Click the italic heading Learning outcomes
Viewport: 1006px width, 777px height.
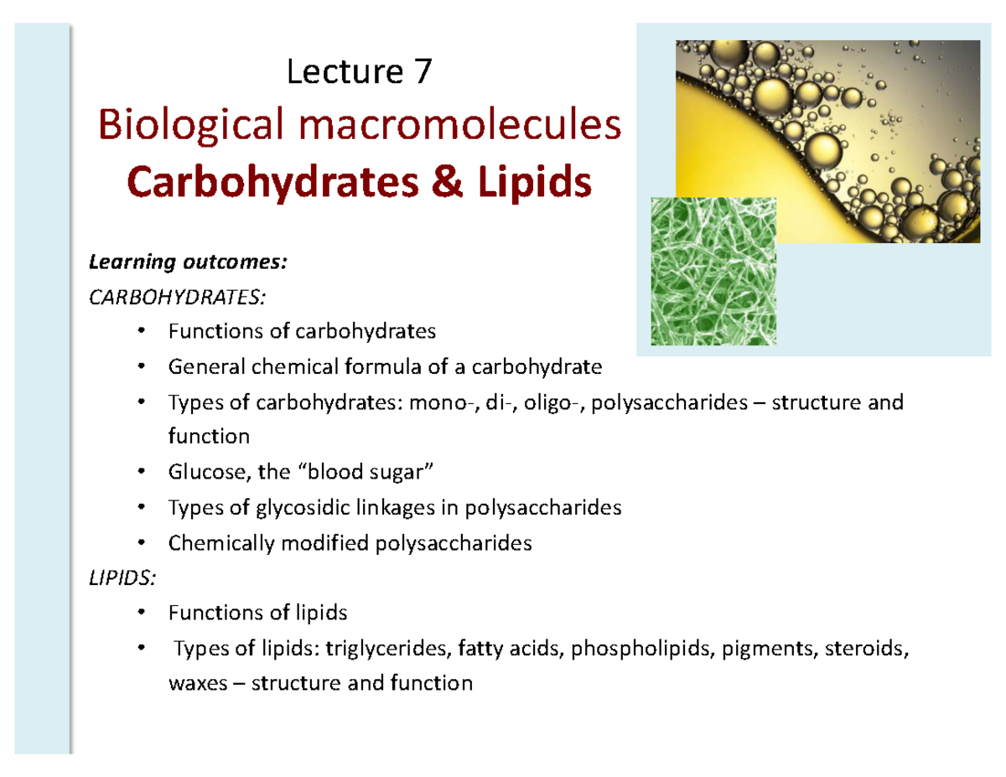point(189,264)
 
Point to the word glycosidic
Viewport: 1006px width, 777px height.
point(309,508)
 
